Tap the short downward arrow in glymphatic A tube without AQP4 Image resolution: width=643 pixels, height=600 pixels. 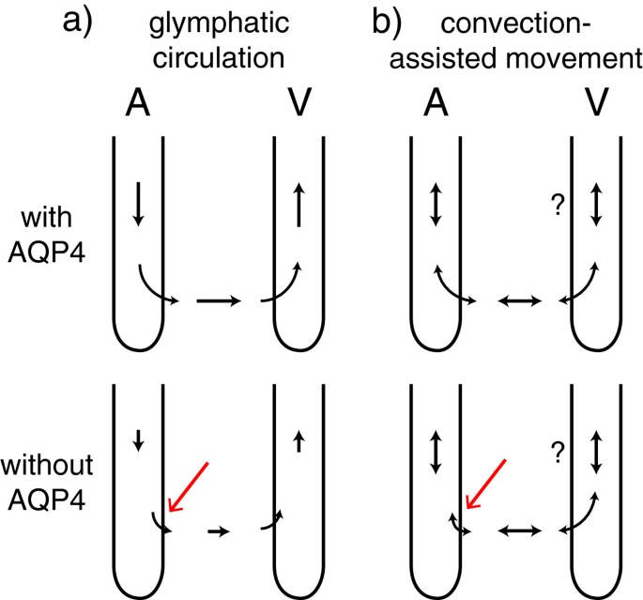point(138,438)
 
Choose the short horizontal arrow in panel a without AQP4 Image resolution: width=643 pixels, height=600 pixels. point(218,531)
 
